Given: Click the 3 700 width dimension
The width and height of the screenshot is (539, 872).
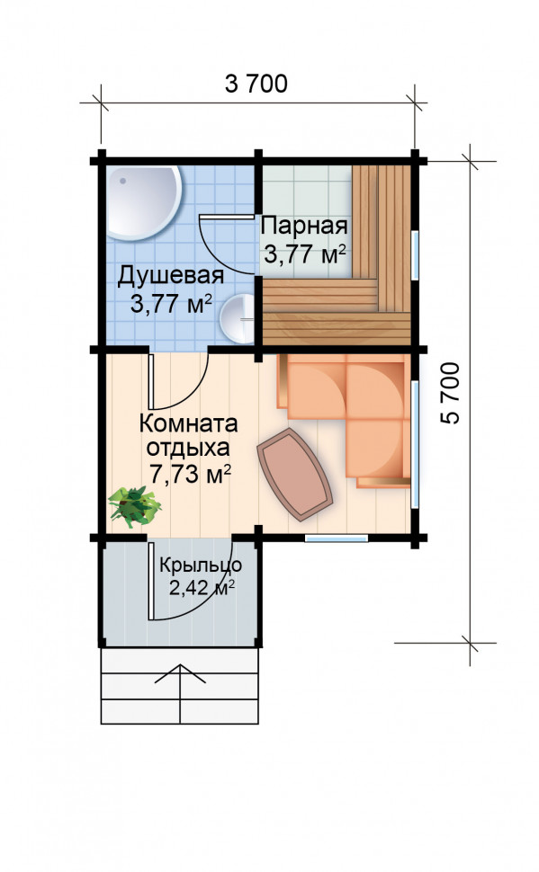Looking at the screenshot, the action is (x=256, y=84).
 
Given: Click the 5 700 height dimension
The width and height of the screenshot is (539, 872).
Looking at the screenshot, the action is (x=451, y=393).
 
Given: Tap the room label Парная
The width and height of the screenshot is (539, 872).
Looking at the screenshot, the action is (x=304, y=227).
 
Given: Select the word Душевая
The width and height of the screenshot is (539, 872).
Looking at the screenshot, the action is (x=170, y=276).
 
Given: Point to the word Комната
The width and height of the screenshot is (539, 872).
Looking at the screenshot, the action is (x=189, y=423).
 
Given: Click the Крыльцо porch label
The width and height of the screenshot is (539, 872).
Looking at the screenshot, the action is (x=201, y=565).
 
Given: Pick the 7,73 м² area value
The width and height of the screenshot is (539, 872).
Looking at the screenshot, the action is (x=191, y=475).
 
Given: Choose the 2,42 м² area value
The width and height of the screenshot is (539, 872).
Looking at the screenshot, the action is (x=202, y=588).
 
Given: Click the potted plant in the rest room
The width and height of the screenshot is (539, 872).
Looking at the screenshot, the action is (x=134, y=506).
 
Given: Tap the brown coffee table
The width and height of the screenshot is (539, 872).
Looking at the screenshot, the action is (x=294, y=475).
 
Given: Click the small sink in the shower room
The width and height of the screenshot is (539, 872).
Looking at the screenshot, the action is (x=238, y=318).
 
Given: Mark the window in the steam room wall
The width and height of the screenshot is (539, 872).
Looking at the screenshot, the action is (x=415, y=254).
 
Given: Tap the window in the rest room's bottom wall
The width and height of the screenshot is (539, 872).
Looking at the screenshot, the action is (x=337, y=538).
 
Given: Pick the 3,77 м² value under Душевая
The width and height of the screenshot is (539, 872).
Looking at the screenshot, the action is (x=171, y=304).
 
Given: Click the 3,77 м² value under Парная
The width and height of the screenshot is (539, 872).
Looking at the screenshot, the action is (x=304, y=254).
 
